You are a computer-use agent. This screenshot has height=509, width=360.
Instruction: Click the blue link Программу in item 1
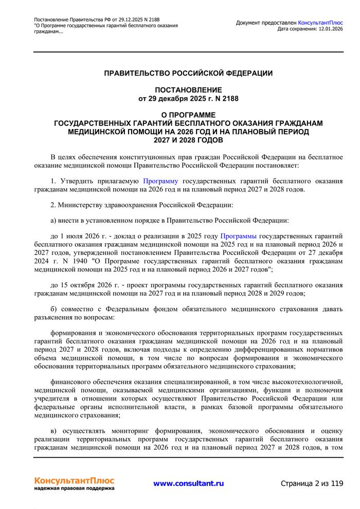(160, 181)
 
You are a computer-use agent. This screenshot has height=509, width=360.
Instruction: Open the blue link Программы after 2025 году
(238, 236)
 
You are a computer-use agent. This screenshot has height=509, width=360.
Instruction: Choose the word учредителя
(53, 397)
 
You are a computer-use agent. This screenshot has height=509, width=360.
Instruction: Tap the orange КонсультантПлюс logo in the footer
(74, 480)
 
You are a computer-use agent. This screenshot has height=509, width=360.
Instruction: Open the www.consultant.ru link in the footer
(188, 483)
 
